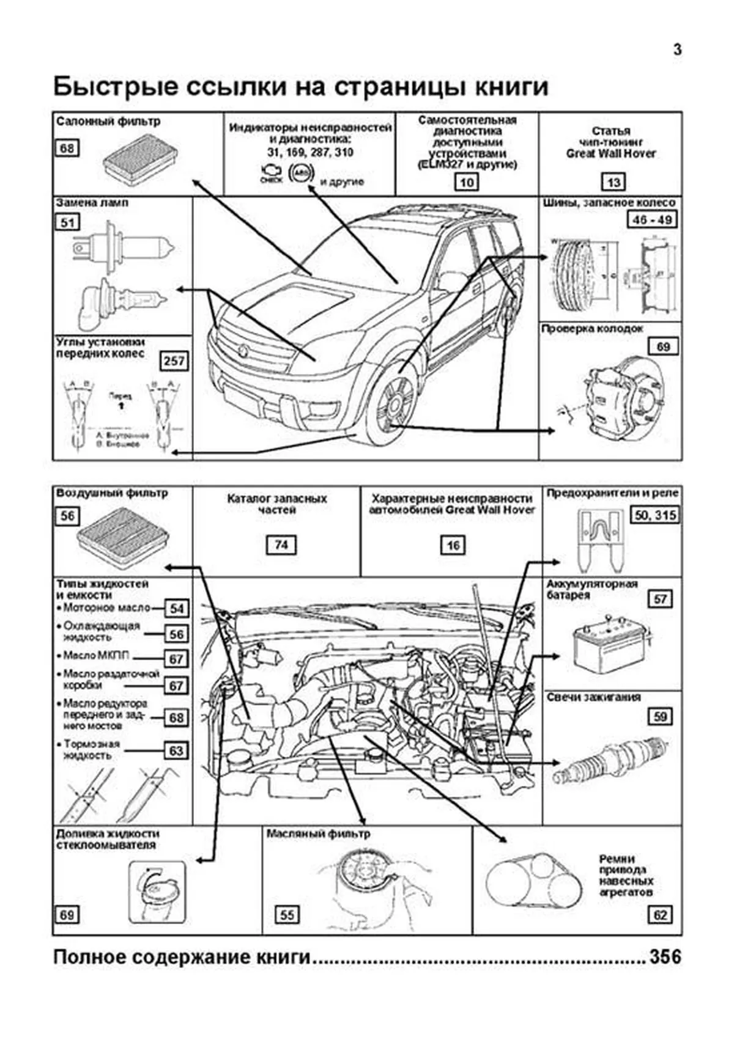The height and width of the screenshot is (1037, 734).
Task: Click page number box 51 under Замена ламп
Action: pyautogui.click(x=67, y=222)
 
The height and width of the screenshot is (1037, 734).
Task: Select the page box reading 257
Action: pyautogui.click(x=174, y=361)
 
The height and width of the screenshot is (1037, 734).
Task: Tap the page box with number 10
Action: pyautogui.click(x=466, y=182)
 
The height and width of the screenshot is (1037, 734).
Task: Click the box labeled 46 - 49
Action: pyautogui.click(x=651, y=219)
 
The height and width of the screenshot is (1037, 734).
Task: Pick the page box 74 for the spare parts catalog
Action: pyautogui.click(x=281, y=544)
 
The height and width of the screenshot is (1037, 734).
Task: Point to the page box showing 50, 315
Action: pyautogui.click(x=656, y=515)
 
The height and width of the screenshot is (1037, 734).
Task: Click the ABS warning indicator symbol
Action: pyautogui.click(x=300, y=174)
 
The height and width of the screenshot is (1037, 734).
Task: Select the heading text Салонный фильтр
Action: pyautogui.click(x=108, y=121)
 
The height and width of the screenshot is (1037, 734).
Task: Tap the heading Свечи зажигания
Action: pyautogui.click(x=593, y=697)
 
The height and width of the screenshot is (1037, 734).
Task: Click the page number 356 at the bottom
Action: pyautogui.click(x=665, y=956)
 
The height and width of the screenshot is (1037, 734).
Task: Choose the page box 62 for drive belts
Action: pyautogui.click(x=660, y=915)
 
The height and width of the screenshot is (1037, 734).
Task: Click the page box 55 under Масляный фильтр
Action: pyautogui.click(x=287, y=915)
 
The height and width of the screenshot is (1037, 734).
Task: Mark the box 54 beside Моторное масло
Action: pyautogui.click(x=176, y=609)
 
